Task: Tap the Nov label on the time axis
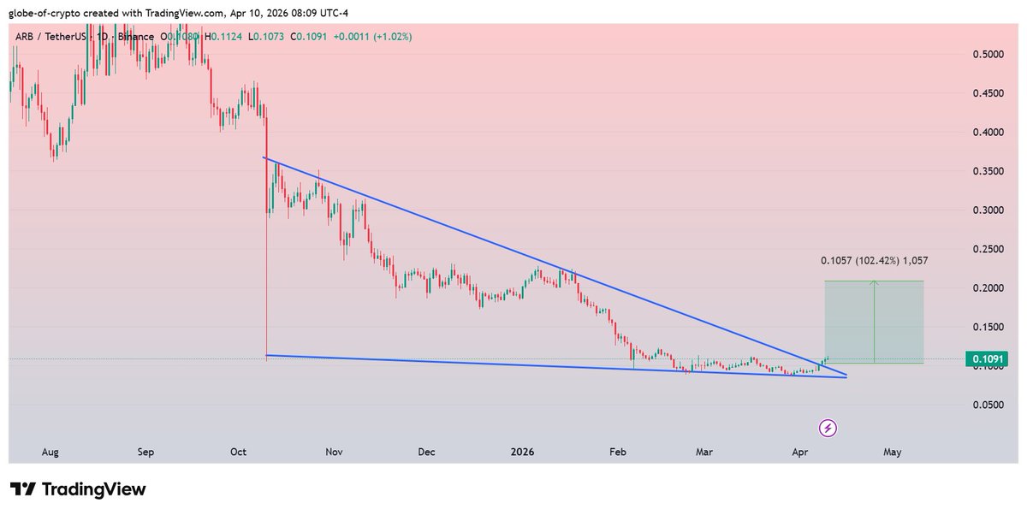[x=334, y=451]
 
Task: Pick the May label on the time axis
[x=893, y=451]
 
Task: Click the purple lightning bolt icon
[x=828, y=427]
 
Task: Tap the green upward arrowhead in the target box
[x=874, y=283]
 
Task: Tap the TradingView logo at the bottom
[x=78, y=489]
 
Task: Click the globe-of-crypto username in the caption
[x=48, y=13]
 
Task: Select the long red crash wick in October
[x=267, y=257]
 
